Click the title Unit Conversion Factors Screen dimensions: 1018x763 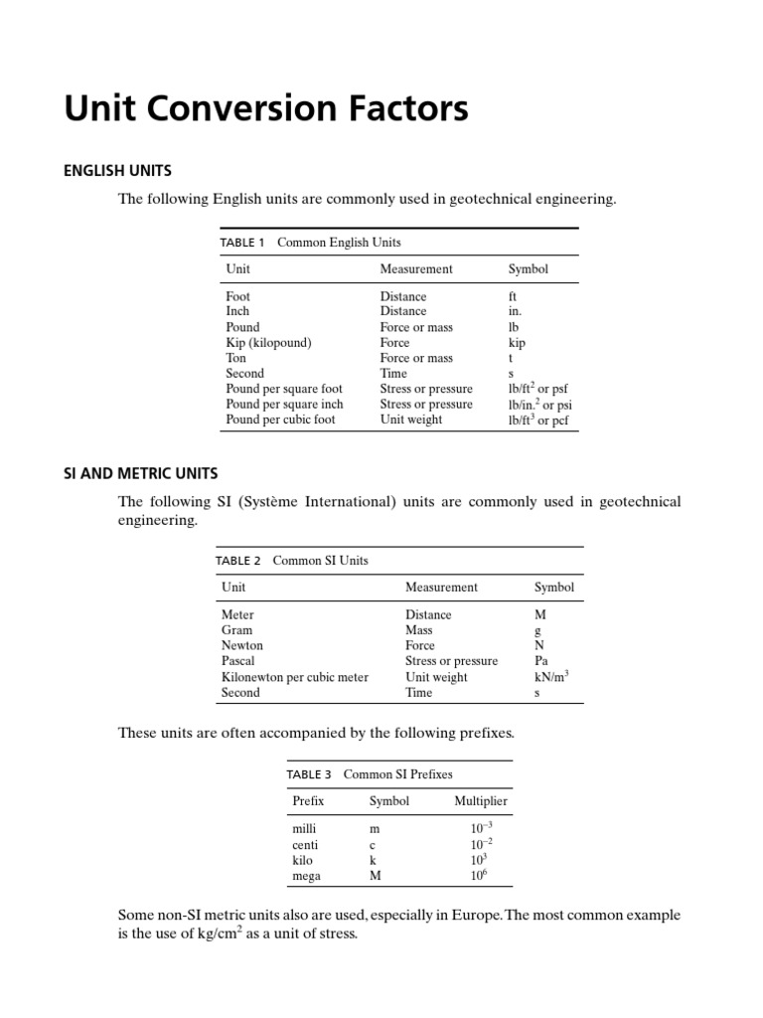coord(266,108)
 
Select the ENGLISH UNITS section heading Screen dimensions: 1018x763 coord(118,171)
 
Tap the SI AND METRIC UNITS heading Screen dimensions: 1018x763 coord(141,473)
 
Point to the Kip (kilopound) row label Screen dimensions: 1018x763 coord(268,343)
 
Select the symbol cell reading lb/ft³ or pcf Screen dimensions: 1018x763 coord(537,420)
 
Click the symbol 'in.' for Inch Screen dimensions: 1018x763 coord(516,312)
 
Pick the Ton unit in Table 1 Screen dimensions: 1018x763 coord(236,358)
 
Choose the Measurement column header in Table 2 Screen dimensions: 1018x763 coord(441,588)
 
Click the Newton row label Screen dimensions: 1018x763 coord(242,646)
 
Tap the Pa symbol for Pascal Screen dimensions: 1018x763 coord(541,661)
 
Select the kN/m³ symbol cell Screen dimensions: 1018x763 coord(551,676)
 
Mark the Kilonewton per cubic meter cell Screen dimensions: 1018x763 coord(295,677)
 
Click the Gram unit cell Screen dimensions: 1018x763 coord(237,630)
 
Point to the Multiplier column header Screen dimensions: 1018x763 coord(481,801)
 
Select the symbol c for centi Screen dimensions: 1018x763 coord(373,845)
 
